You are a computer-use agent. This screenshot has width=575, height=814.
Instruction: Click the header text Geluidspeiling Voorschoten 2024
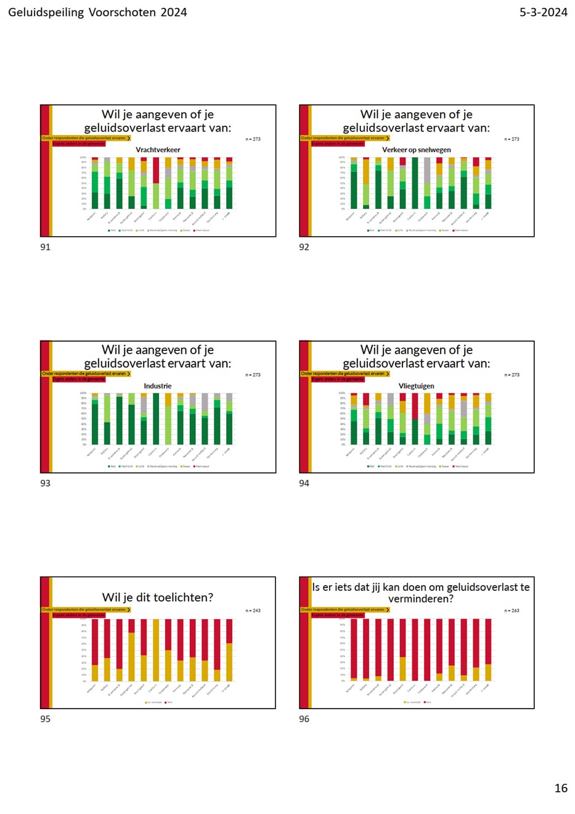(97, 12)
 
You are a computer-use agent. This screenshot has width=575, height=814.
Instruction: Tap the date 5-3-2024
(543, 12)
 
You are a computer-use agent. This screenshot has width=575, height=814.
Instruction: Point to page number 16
(560, 788)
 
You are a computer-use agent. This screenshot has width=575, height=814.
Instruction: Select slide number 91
(45, 247)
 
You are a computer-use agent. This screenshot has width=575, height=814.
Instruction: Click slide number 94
(304, 483)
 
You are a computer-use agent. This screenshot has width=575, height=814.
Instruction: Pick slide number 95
(45, 719)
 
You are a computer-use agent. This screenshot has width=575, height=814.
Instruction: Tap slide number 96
(304, 719)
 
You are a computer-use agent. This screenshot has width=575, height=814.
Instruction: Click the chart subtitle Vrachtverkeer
(158, 150)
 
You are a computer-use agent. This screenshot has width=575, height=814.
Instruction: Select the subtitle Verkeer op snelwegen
(417, 150)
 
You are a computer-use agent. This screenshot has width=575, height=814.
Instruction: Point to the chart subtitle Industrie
(158, 386)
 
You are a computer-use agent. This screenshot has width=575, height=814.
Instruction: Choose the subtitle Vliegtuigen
(417, 386)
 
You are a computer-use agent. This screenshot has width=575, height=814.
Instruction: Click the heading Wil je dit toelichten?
(158, 598)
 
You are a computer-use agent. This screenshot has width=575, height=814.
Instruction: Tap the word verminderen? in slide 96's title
(421, 599)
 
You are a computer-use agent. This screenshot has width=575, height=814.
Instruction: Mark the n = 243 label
(253, 610)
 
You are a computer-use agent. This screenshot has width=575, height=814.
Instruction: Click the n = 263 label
(512, 610)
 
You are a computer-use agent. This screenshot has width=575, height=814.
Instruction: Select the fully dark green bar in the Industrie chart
(156, 419)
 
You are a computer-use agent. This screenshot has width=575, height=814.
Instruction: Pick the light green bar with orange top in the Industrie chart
(168, 425)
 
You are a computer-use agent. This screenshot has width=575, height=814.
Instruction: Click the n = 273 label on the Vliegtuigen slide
(512, 375)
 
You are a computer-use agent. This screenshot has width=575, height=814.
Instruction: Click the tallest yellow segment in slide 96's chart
(402, 669)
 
